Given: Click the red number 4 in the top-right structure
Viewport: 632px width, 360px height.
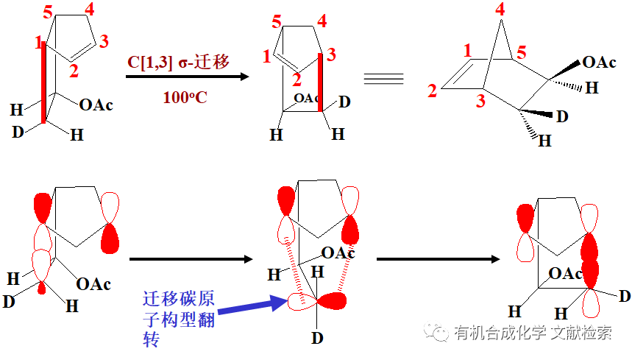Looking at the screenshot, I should [x=500, y=10].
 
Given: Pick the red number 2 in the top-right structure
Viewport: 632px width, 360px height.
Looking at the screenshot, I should [x=433, y=91].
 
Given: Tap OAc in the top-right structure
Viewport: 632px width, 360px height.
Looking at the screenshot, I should [x=599, y=62].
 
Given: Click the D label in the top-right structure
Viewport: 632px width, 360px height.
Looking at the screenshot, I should [x=562, y=116].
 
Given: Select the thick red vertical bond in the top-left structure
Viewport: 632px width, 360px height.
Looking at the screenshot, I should [x=43, y=81].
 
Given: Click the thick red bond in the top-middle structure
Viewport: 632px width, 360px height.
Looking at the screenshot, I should [x=321, y=82].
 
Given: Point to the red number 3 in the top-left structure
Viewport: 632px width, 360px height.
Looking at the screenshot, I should [x=104, y=41].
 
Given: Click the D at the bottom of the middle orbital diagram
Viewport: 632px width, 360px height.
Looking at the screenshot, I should [x=317, y=339].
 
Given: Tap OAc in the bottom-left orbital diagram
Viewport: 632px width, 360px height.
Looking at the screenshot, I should [x=94, y=283].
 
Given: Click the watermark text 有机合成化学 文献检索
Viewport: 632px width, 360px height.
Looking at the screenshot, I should [x=533, y=333].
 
